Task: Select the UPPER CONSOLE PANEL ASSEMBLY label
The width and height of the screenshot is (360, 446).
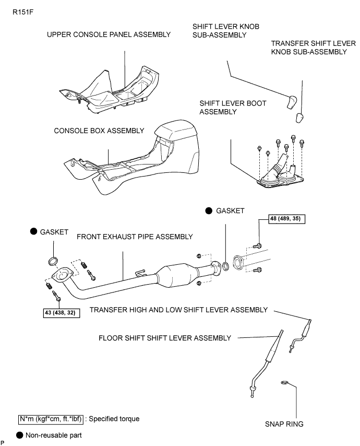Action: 109,34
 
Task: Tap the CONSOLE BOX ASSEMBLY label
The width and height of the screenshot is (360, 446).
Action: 99,131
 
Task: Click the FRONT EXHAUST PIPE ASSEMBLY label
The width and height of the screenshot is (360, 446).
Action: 135,237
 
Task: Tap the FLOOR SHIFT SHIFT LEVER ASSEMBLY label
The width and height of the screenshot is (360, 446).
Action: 165,338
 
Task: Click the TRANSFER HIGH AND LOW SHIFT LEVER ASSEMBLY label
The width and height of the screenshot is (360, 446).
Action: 178,310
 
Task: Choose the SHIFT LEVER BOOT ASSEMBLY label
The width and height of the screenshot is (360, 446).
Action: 233,108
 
